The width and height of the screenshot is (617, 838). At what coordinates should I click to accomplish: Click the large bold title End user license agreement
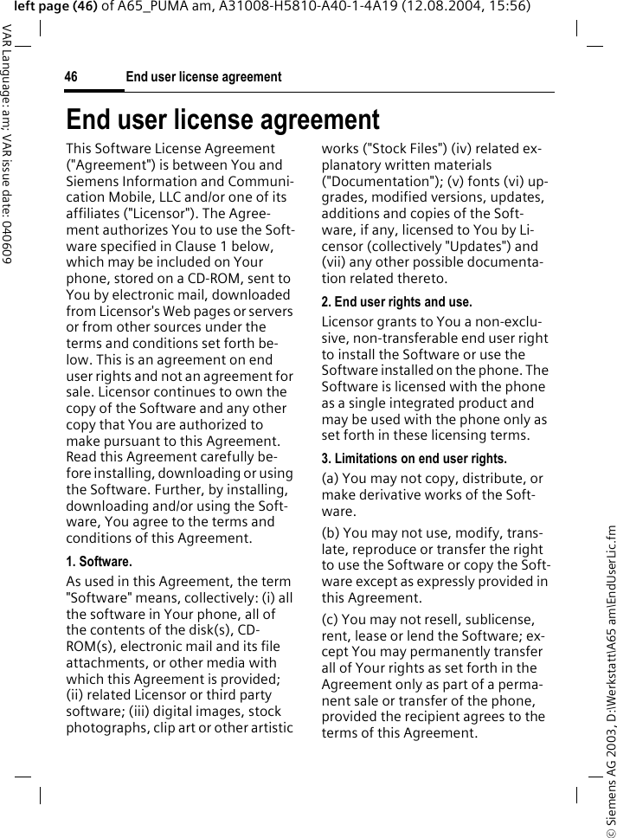[222, 119]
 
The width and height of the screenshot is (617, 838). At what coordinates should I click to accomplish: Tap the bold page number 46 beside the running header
[71, 77]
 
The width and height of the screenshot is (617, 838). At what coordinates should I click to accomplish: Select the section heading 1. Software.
[99, 562]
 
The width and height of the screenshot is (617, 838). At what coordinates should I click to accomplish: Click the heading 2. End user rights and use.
[396, 302]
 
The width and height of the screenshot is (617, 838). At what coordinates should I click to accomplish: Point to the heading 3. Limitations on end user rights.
[414, 458]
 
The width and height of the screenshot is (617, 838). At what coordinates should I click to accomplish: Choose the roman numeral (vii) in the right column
[335, 262]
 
